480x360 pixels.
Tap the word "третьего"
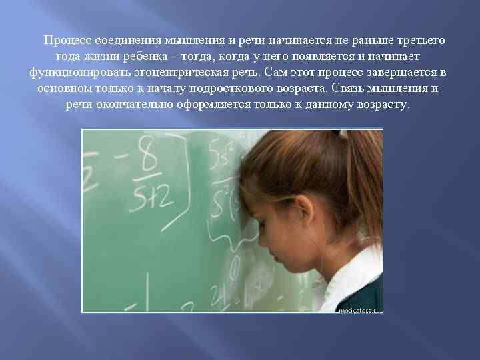point(419,41)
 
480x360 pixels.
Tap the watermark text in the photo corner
point(359,310)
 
